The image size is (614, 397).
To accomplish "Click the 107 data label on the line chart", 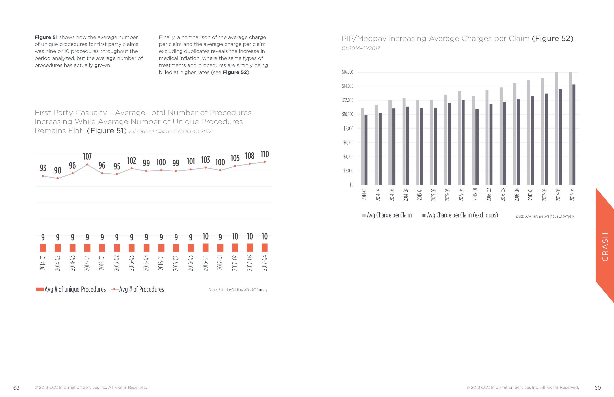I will point(87,156).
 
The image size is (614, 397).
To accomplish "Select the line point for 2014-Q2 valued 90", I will point(58,178).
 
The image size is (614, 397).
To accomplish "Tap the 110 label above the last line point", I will point(265,154).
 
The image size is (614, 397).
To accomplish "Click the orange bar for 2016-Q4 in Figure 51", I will point(206,247).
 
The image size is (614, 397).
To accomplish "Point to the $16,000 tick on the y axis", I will point(347,72).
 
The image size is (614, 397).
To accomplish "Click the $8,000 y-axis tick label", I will point(348,128).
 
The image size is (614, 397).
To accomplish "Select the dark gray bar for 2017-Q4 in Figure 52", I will point(574,135).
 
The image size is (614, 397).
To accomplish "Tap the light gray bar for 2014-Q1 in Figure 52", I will point(362,146).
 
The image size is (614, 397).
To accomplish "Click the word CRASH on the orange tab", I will point(605,247).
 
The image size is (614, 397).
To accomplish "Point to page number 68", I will point(16,388).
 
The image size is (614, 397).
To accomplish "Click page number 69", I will point(598,388).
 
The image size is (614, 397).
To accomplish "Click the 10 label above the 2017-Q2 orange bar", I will point(235,236).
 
